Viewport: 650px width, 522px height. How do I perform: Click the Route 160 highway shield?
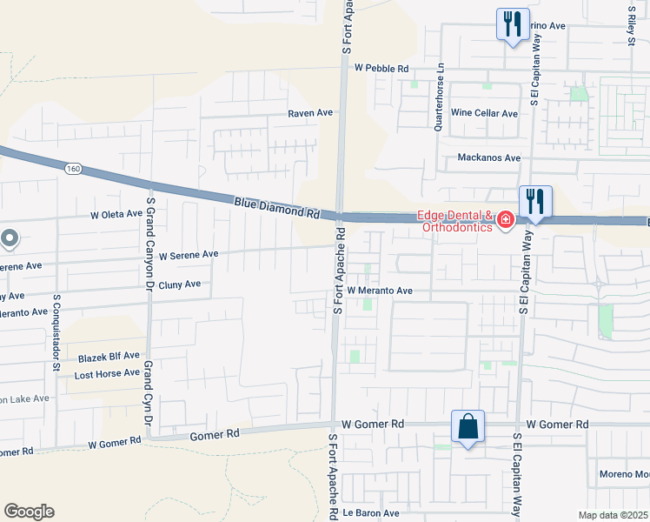click(x=74, y=168)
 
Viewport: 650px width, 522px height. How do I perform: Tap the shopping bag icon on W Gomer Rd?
click(x=468, y=427)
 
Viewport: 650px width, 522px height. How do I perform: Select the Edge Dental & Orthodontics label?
click(x=455, y=222)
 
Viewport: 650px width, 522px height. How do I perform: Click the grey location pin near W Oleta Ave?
click(x=10, y=238)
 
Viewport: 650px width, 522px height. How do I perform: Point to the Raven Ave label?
click(x=311, y=113)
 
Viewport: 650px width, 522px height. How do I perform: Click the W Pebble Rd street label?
click(x=381, y=68)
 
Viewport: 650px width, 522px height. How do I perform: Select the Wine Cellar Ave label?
click(x=484, y=113)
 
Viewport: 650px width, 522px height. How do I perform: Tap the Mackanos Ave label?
click(x=488, y=157)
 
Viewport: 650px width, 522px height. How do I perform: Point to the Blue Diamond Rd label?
click(x=277, y=207)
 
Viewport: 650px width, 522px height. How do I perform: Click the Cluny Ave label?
click(x=179, y=284)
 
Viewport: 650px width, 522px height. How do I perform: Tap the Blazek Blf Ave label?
click(x=109, y=356)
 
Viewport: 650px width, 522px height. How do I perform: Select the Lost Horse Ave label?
click(x=107, y=373)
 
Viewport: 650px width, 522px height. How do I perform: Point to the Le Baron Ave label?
click(x=371, y=513)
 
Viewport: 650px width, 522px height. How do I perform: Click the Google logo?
click(x=29, y=512)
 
